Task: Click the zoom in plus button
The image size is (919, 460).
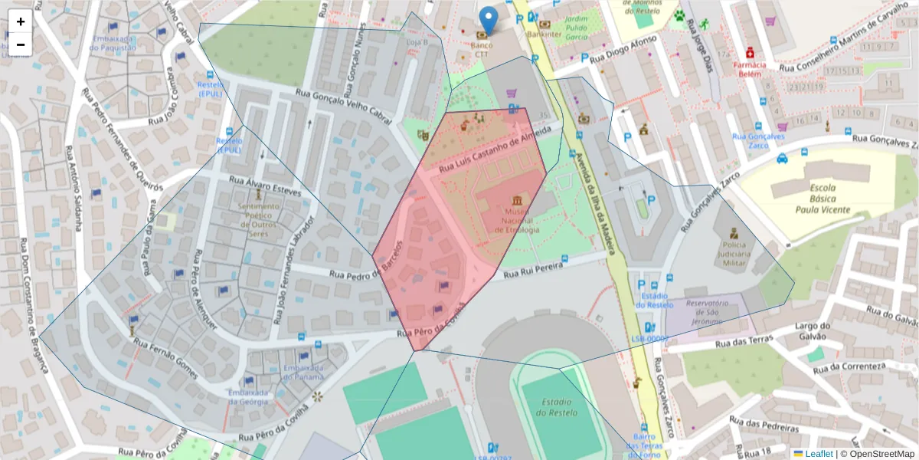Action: (x=21, y=21)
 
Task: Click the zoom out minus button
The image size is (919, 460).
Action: (x=21, y=44)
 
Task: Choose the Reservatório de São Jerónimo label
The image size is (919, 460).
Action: (x=704, y=311)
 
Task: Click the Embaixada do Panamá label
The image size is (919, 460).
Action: (x=303, y=372)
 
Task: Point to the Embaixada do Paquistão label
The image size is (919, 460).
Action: (x=113, y=43)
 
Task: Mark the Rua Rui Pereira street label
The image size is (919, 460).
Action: (x=533, y=269)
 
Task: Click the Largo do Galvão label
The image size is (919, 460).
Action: (x=818, y=330)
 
